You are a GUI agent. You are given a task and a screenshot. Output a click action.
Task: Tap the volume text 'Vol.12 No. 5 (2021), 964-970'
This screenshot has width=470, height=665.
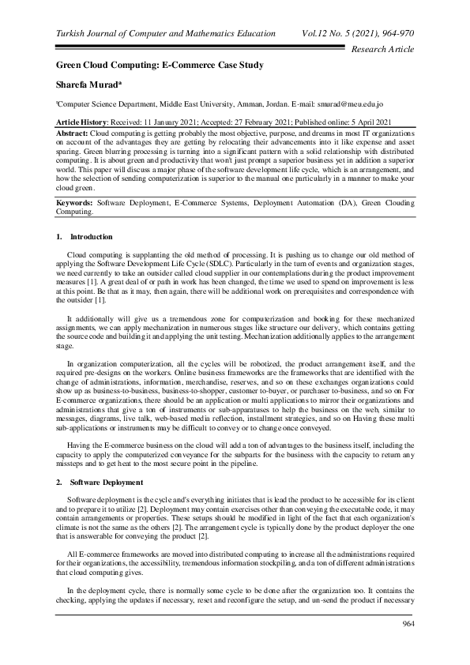pos(359,34)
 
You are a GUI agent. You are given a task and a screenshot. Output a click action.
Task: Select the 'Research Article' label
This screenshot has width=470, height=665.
pos(382,49)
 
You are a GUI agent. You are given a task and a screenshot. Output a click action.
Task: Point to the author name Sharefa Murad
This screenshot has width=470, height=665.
pos(88,84)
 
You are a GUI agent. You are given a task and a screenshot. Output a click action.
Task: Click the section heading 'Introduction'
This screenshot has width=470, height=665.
pos(92,237)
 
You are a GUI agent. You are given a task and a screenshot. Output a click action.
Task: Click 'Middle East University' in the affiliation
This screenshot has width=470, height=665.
pos(192,103)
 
